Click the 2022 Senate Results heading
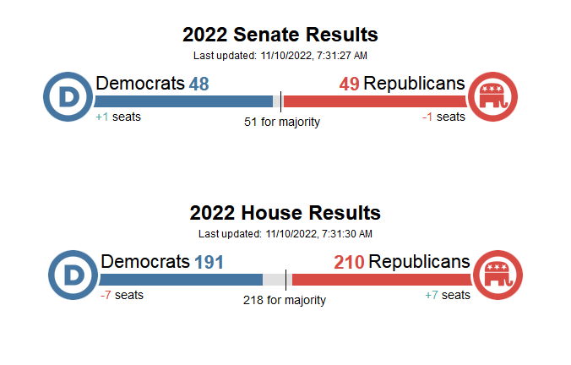tap(280, 35)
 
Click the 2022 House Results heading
tap(285, 213)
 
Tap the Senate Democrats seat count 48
tap(198, 84)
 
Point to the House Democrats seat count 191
tap(209, 262)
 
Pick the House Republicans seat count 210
tap(349, 262)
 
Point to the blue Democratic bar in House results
tap(181, 280)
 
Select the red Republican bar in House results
tap(381, 280)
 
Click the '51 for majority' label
tap(282, 122)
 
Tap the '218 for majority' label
tap(285, 300)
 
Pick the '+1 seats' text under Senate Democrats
tap(118, 117)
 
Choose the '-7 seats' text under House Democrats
tap(122, 295)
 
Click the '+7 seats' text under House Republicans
tap(448, 295)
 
